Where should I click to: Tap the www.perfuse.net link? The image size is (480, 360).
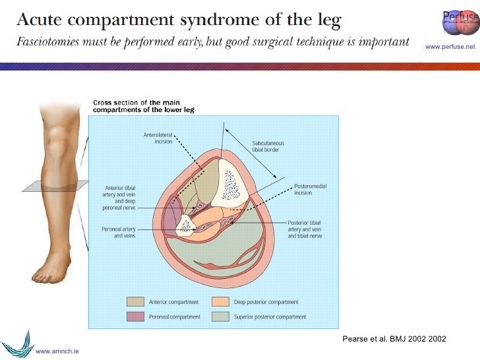pos(450,46)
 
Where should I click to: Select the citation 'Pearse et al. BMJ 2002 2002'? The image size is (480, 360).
pos(394,339)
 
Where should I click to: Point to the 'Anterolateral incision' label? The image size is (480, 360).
pos(159,138)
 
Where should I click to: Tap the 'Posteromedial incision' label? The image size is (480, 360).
pos(311,190)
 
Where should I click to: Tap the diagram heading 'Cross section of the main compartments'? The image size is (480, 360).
pos(135,106)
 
